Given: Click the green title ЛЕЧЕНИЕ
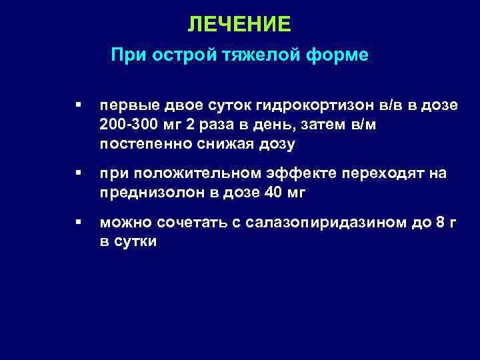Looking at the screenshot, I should pos(239,25).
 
